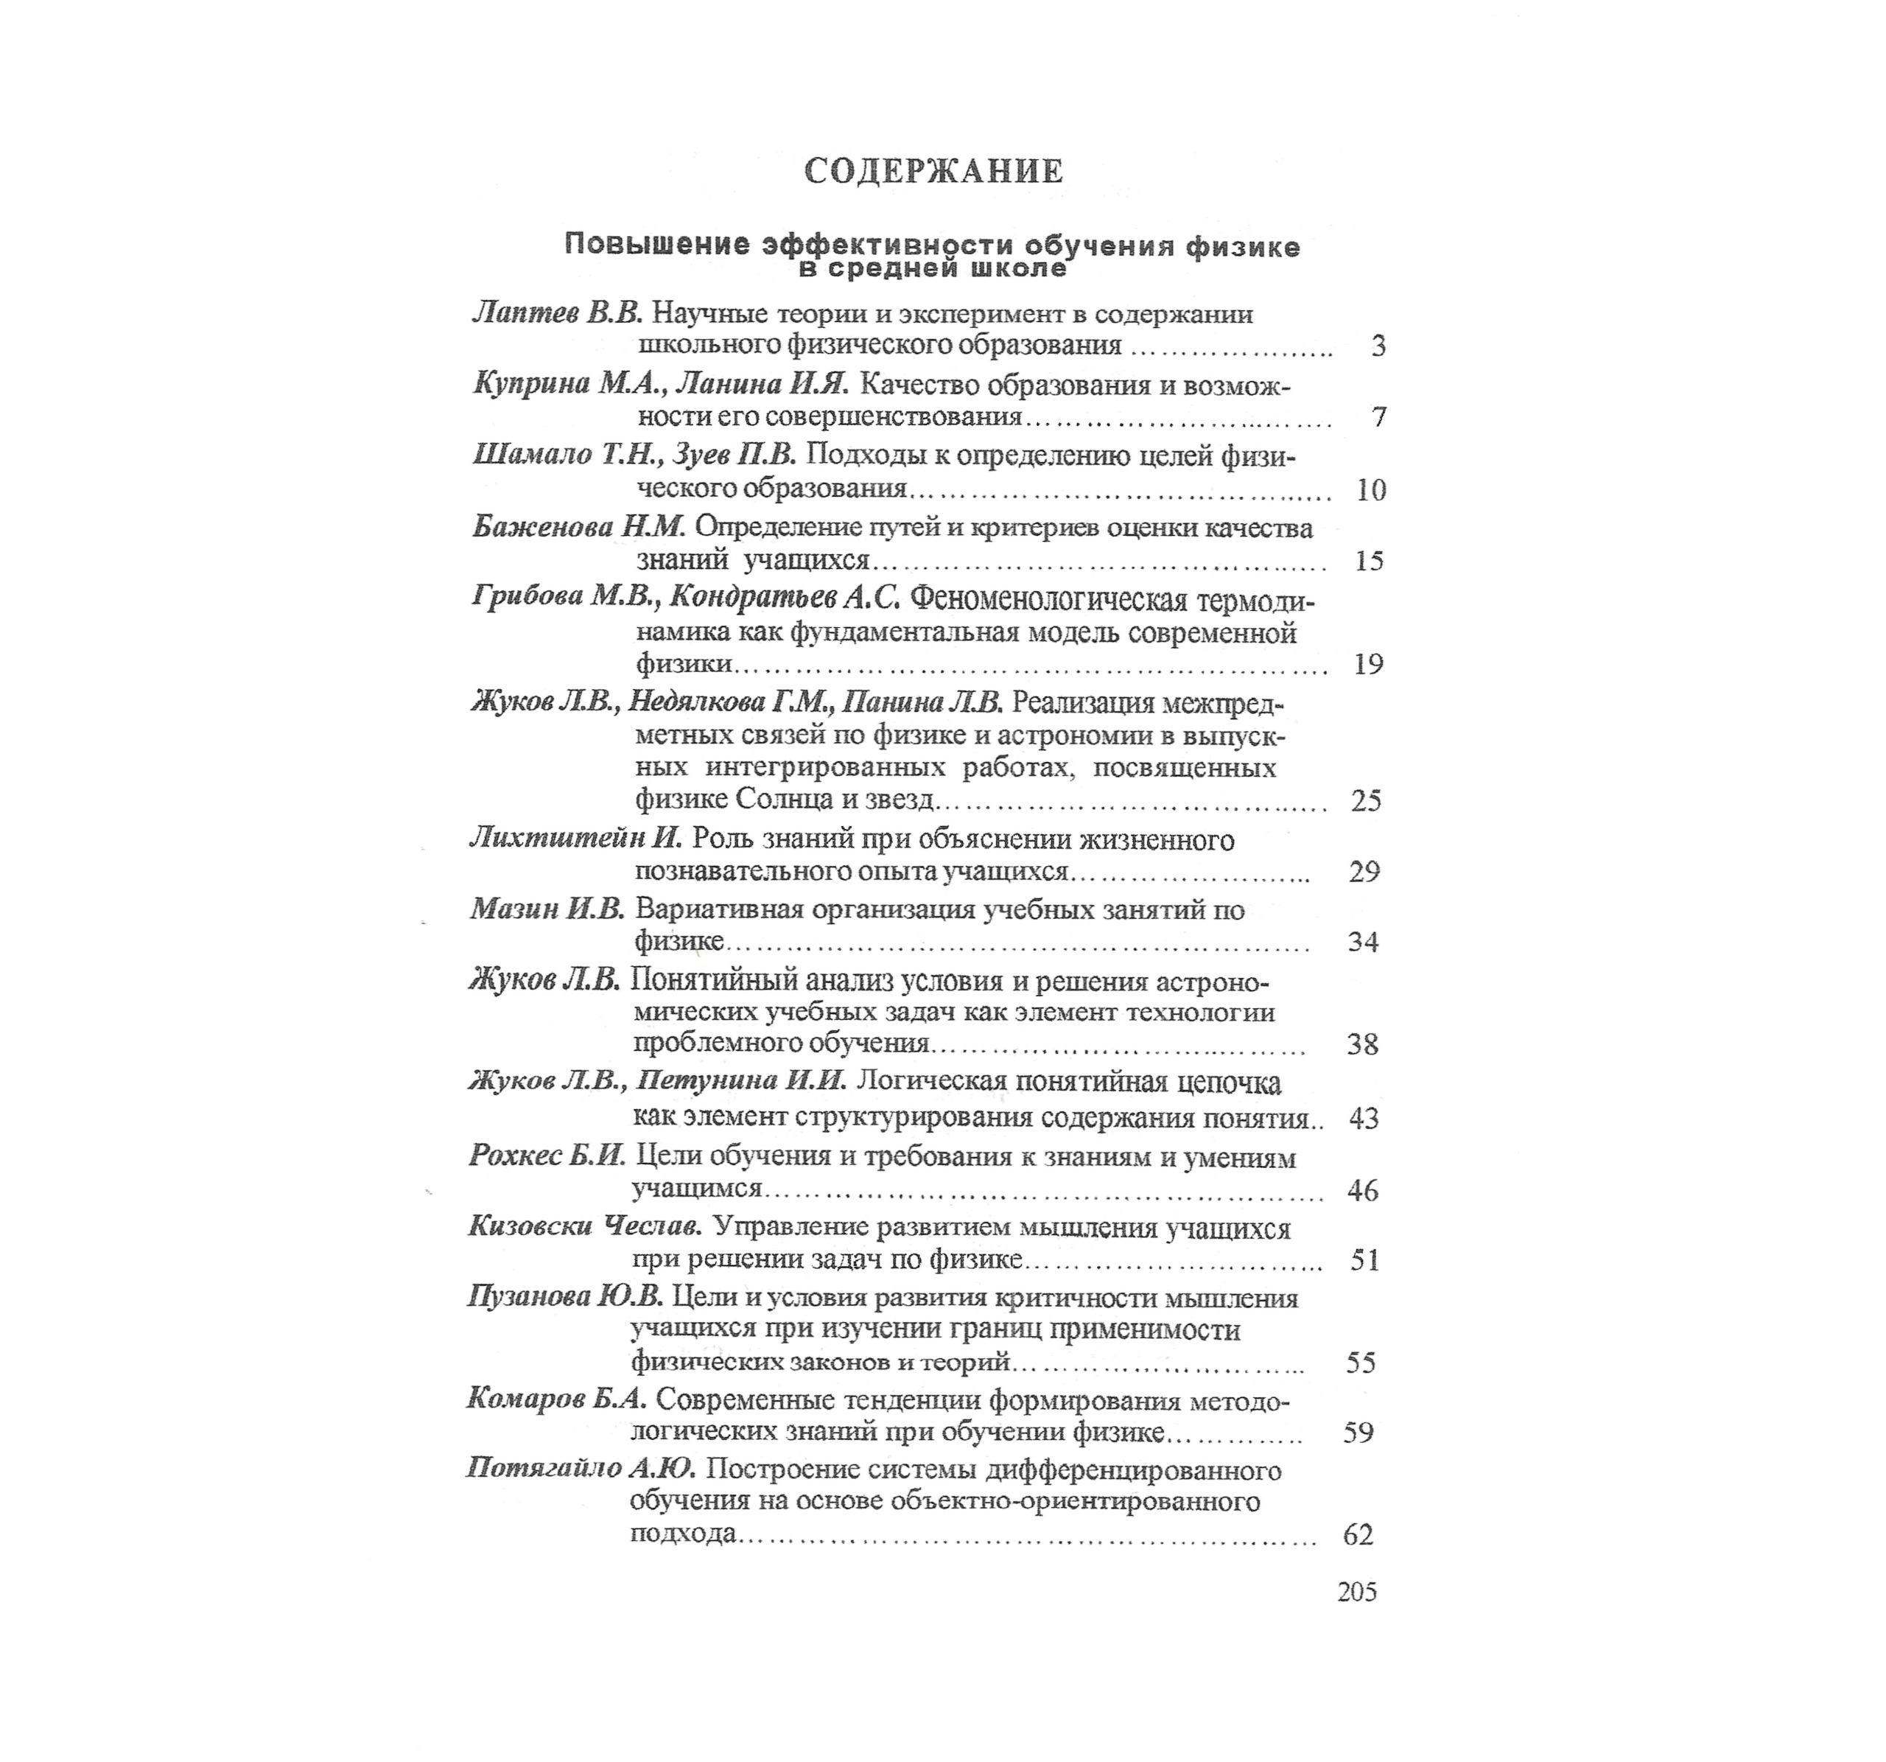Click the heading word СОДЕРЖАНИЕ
[x=933, y=172]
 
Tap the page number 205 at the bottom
[x=1356, y=1591]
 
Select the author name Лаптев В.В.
[x=558, y=313]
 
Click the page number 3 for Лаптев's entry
[x=1378, y=346]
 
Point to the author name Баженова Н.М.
[x=579, y=527]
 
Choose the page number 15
[x=1369, y=561]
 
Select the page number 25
[x=1366, y=801]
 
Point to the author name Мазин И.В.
[x=547, y=909]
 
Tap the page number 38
[x=1362, y=1045]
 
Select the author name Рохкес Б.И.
[x=547, y=1156]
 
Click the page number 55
[x=1361, y=1363]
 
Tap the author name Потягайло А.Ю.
[x=581, y=1469]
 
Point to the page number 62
[x=1359, y=1534]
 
